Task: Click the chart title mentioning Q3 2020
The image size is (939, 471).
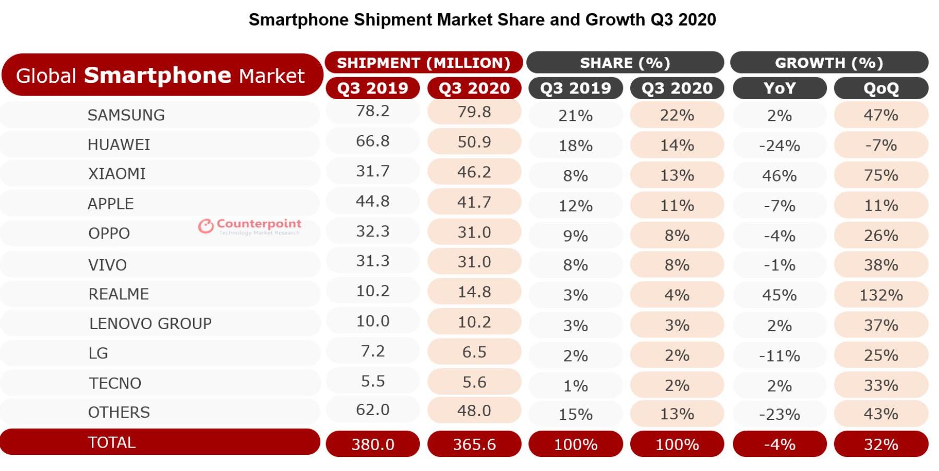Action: (482, 20)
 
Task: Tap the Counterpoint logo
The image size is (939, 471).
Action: (249, 226)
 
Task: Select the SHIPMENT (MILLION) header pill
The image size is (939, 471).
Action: (423, 63)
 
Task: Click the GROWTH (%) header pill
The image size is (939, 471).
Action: (828, 63)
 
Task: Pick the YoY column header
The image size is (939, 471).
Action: (779, 88)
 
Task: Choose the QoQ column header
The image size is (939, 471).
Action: (881, 88)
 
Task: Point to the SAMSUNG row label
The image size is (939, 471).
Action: (126, 115)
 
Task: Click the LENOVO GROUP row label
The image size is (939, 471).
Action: (150, 323)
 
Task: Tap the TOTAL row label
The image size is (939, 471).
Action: (112, 442)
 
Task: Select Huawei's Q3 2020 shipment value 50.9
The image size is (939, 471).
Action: (474, 142)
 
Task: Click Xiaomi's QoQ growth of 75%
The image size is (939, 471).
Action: (881, 175)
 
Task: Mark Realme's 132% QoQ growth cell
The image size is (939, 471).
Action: (881, 295)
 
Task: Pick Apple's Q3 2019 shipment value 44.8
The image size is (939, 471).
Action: (372, 201)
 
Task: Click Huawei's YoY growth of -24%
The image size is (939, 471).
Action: (779, 146)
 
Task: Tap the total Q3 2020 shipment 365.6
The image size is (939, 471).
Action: (474, 444)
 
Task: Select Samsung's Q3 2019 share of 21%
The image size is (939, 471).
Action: (575, 115)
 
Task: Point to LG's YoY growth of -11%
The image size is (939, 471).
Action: (779, 356)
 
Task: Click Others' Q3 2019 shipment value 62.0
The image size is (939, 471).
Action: (372, 410)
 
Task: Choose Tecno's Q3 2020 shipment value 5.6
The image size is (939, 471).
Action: (474, 382)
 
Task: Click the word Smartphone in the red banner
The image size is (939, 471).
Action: (158, 75)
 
